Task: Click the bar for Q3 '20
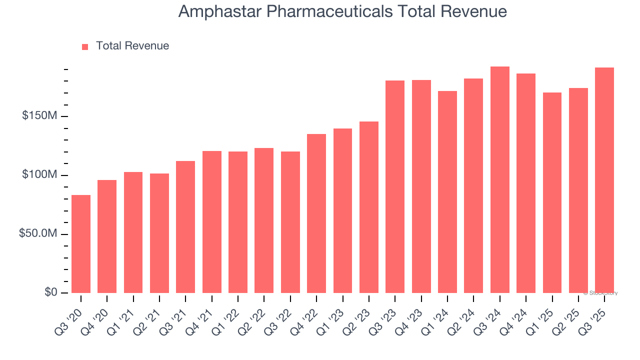[81, 244]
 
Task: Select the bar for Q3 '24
[500, 180]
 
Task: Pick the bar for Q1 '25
[552, 192]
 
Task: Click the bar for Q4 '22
[316, 213]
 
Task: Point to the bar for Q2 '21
[159, 233]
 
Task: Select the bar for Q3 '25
[604, 180]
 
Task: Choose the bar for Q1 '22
[238, 222]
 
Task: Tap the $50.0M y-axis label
[38, 234]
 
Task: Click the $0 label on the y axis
[50, 292]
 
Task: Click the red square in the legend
[85, 46]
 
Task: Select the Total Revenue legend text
[132, 46]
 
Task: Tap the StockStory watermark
[601, 293]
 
